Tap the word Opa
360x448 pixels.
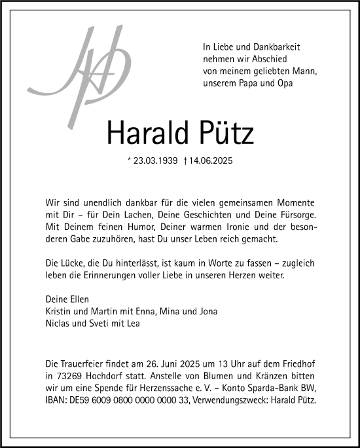(285, 83)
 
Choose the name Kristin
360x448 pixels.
(58, 311)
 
